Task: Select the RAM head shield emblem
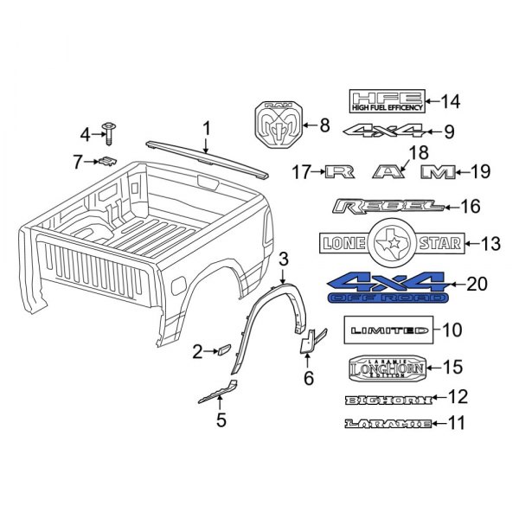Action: [x=279, y=126]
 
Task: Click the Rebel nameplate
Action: [x=388, y=207]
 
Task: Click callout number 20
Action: [x=477, y=284]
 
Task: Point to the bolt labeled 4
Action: [x=111, y=131]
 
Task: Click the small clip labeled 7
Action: [x=106, y=160]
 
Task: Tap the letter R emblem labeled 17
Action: [x=344, y=173]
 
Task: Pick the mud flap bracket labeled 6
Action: [x=313, y=341]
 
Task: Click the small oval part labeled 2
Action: [x=221, y=349]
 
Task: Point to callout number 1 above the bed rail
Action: [x=206, y=129]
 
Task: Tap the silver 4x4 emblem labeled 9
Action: [x=381, y=131]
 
